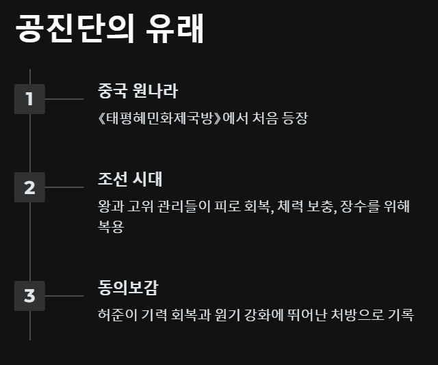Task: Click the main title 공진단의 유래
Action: (109, 28)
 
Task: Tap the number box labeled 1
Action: (29, 99)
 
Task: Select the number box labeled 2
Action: (29, 187)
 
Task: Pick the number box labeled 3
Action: (29, 296)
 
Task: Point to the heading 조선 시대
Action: (130, 179)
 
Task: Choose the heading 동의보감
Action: (128, 288)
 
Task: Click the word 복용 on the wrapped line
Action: (111, 227)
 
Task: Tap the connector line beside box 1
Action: (64, 99)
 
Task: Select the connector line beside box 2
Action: (64, 187)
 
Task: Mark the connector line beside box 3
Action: (64, 296)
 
